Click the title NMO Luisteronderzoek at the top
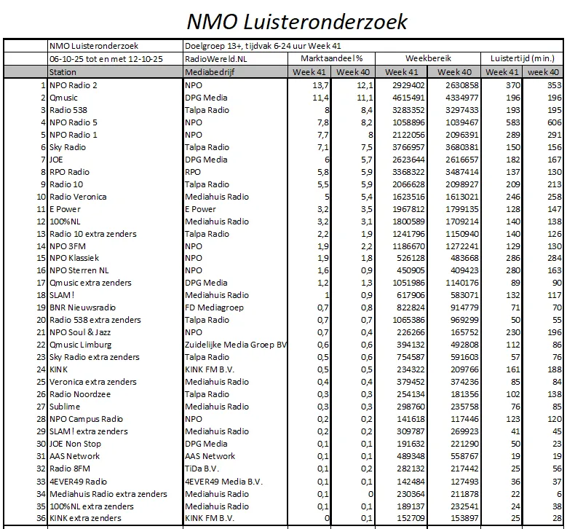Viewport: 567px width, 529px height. click(x=296, y=20)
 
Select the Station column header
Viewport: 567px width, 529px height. click(x=63, y=72)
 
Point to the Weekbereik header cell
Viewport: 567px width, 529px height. click(x=429, y=58)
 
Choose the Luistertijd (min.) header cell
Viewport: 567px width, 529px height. click(x=523, y=58)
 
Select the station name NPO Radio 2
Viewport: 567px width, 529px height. click(x=74, y=85)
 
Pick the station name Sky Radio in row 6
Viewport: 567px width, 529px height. click(x=68, y=147)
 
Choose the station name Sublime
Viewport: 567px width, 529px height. click(x=66, y=407)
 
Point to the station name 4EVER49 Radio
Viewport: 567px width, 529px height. click(x=79, y=481)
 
